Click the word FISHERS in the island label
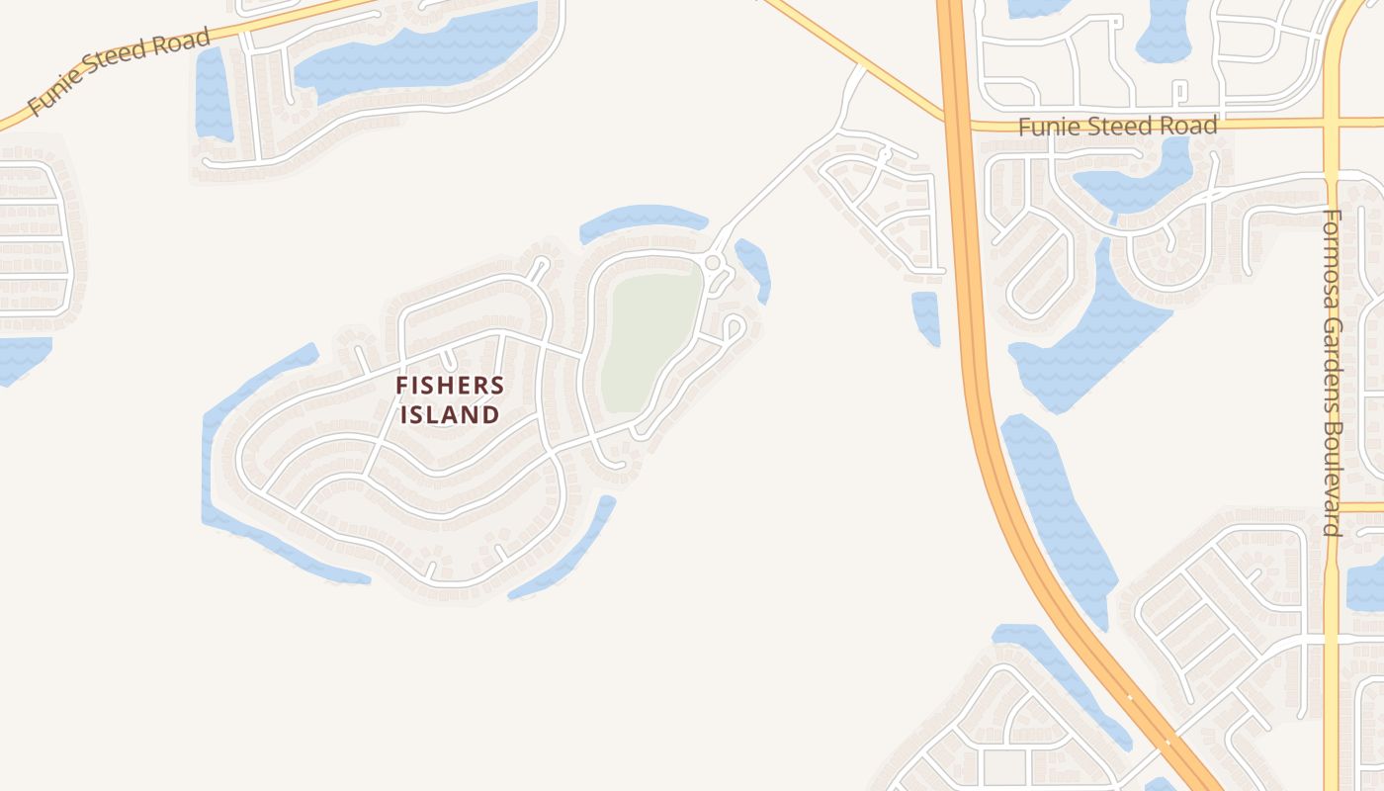450,386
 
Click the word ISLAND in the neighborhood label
450,414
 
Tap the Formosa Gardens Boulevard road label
1332,371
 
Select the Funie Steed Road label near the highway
1117,127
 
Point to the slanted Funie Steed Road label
119,72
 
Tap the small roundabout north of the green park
712,262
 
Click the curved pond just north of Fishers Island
643,220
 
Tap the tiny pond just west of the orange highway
925,316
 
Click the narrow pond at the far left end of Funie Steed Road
213,94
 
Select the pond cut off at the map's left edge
20,356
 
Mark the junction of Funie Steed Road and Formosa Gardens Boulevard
1331,123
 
